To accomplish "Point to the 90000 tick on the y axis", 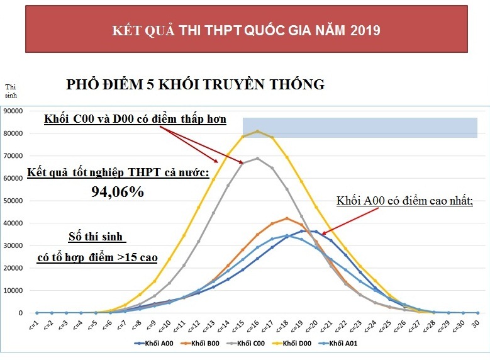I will click(13, 111).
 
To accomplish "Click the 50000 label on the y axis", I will click(13, 201).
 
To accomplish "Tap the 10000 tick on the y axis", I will click(13, 290).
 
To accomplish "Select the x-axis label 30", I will click(477, 321).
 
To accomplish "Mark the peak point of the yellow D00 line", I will click(257, 131).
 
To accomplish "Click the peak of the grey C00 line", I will click(257, 158).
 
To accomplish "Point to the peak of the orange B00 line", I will click(287, 218).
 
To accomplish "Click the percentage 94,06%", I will click(118, 192).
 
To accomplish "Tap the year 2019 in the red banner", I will click(365, 30).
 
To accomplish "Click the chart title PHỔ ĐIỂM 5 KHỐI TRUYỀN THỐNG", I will click(195, 84).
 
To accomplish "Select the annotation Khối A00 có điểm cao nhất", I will click(404, 201).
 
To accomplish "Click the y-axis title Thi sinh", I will click(11, 91).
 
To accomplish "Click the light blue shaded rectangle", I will click(360, 127).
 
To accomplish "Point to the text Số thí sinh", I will click(97, 237).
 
